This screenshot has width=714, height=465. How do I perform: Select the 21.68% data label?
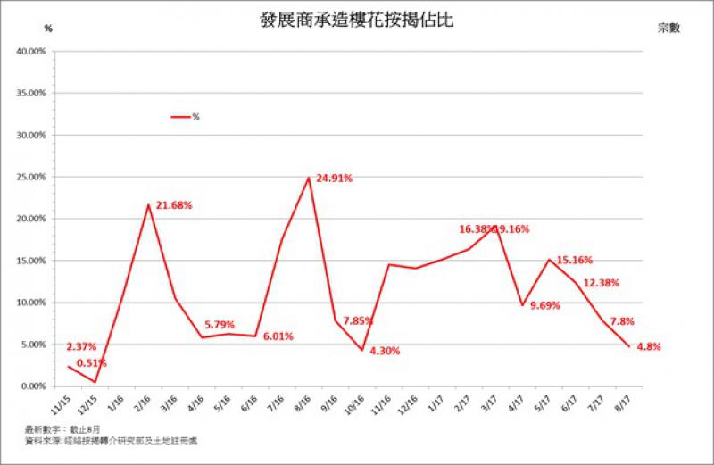[174, 205]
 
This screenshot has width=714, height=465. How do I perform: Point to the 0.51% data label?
[90, 362]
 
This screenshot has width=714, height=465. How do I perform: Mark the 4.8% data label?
[648, 346]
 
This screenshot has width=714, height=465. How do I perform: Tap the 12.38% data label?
[601, 283]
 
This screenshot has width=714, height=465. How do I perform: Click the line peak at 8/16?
[309, 178]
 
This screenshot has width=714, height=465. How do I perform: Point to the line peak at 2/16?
[148, 204]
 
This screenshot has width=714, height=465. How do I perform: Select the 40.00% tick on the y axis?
[31, 52]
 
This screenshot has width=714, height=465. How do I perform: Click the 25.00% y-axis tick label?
[31, 177]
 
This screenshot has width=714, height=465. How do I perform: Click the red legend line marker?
[180, 116]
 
